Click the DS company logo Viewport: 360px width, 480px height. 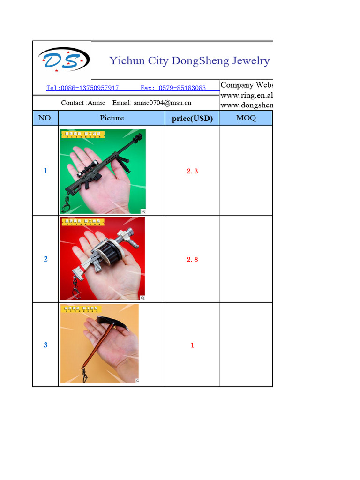63,60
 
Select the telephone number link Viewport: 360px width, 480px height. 82,88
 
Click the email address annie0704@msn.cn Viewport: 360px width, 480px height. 162,103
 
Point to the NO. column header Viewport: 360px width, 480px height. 45,118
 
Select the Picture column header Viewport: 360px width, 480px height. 112,118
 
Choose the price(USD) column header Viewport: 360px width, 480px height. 192,119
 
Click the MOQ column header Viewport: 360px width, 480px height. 246,118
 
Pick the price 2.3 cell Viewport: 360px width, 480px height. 192,171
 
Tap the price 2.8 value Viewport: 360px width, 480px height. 192,259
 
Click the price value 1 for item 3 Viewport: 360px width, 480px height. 192,345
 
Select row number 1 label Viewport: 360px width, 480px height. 45,171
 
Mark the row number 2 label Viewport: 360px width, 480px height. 45,259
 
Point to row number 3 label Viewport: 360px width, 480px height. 45,345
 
